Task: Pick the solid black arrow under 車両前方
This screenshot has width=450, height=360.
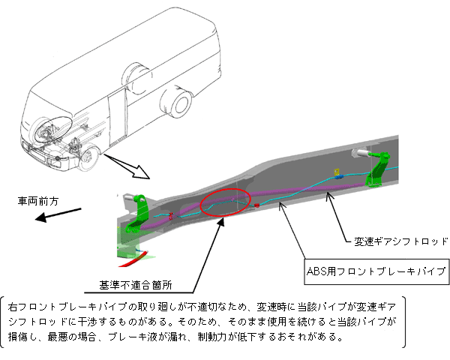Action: click(57, 216)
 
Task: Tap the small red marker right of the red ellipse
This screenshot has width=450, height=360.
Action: click(256, 204)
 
